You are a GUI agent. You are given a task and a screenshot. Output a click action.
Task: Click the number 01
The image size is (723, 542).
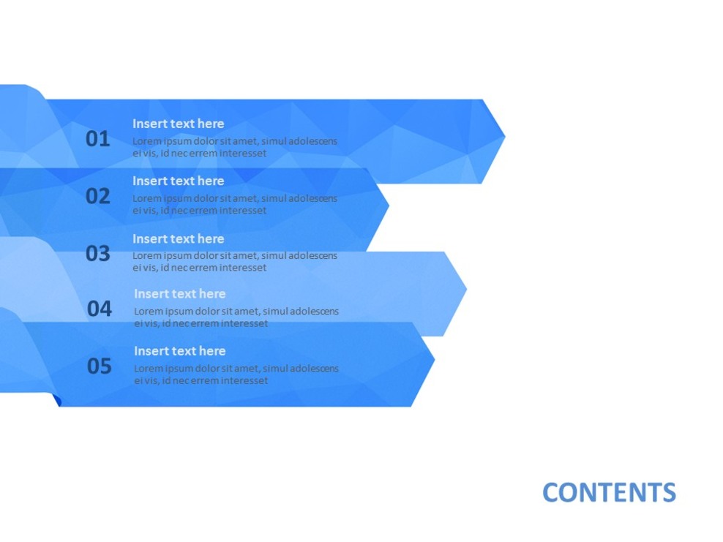pyautogui.click(x=97, y=139)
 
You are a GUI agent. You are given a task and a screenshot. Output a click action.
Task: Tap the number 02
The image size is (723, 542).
pyautogui.click(x=97, y=196)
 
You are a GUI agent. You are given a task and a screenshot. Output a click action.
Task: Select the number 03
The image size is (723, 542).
pyautogui.click(x=97, y=254)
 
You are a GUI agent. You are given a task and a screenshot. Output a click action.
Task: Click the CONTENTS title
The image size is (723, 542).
pyautogui.click(x=609, y=492)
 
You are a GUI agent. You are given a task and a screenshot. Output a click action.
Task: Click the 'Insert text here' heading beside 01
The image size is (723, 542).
pyautogui.click(x=178, y=124)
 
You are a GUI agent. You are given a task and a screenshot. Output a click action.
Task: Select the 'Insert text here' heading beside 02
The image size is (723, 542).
pyautogui.click(x=178, y=181)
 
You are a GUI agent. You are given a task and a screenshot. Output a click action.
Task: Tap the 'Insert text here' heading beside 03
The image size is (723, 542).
pyautogui.click(x=178, y=238)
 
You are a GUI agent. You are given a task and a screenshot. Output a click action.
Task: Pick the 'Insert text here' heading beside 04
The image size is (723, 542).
pyautogui.click(x=179, y=293)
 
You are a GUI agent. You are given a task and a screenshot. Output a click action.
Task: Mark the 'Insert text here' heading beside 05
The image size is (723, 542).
pyautogui.click(x=179, y=350)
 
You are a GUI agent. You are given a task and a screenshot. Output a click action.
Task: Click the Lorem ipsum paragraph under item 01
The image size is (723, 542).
pyautogui.click(x=234, y=147)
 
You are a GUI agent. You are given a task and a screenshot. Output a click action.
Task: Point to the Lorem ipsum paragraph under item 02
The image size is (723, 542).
pyautogui.click(x=234, y=204)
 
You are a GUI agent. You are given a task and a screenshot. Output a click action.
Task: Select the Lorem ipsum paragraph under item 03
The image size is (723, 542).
pyautogui.click(x=234, y=262)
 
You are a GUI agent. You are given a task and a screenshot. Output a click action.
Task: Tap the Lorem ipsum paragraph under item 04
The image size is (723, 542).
pyautogui.click(x=236, y=317)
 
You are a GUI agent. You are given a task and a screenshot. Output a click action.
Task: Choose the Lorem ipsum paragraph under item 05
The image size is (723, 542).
pyautogui.click(x=236, y=374)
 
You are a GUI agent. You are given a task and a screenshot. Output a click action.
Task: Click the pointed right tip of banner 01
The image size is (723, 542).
pyautogui.click(x=502, y=135)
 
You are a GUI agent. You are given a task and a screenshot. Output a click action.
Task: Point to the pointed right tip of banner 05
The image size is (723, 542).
pyautogui.click(x=432, y=360)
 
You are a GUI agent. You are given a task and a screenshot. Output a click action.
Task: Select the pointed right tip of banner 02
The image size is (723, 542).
pyautogui.click(x=386, y=206)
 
